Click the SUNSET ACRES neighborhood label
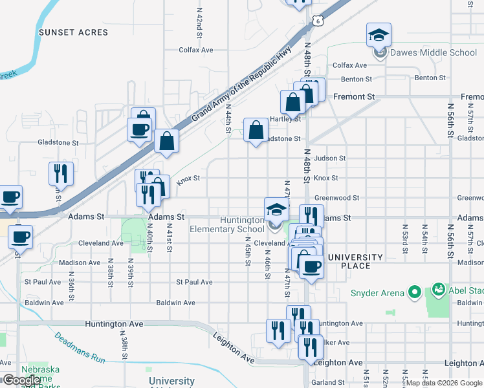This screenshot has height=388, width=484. (x=73, y=32)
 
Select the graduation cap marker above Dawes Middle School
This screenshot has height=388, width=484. (x=379, y=35)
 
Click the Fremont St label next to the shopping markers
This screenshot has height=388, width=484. (x=354, y=96)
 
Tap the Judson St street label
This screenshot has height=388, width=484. (x=330, y=158)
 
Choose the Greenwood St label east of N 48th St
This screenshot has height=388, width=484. (x=336, y=198)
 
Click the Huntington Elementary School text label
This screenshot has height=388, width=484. (x=226, y=224)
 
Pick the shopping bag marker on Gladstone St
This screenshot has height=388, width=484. (x=256, y=130)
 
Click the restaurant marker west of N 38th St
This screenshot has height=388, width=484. (x=61, y=173)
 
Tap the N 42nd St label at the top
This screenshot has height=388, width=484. (x=200, y=23)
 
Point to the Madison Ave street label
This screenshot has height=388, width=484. (x=80, y=263)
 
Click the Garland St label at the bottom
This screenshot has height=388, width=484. (x=328, y=382)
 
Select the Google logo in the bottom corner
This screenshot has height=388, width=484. (x=21, y=380)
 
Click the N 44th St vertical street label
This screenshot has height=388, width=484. (x=228, y=120)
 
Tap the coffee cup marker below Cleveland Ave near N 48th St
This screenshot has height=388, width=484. (x=311, y=266)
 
